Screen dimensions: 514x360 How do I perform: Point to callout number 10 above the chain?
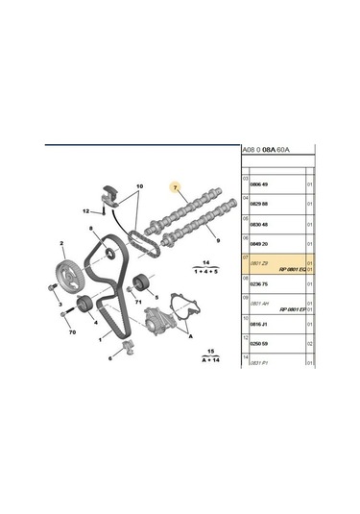[x=138, y=185]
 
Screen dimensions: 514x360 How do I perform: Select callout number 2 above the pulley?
[x=62, y=244]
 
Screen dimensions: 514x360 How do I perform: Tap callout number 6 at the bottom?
[x=109, y=357]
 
